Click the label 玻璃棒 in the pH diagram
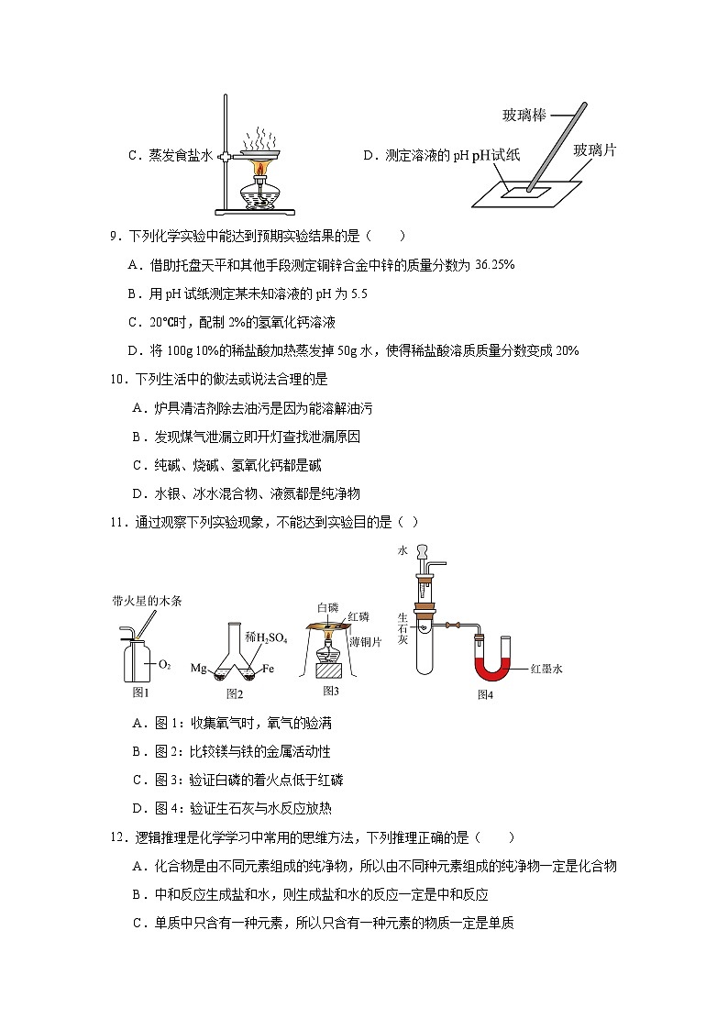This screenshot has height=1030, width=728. pos(524,115)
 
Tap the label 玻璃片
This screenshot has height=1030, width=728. pos(594,150)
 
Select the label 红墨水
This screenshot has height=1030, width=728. pos(546,669)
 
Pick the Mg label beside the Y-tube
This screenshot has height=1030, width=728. pos(198,669)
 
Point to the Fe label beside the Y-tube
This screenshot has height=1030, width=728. pos(270,669)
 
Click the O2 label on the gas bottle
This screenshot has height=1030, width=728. pos(165,663)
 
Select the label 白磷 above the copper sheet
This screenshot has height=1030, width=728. pos(327,607)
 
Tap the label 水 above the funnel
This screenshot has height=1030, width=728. pos(402,551)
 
